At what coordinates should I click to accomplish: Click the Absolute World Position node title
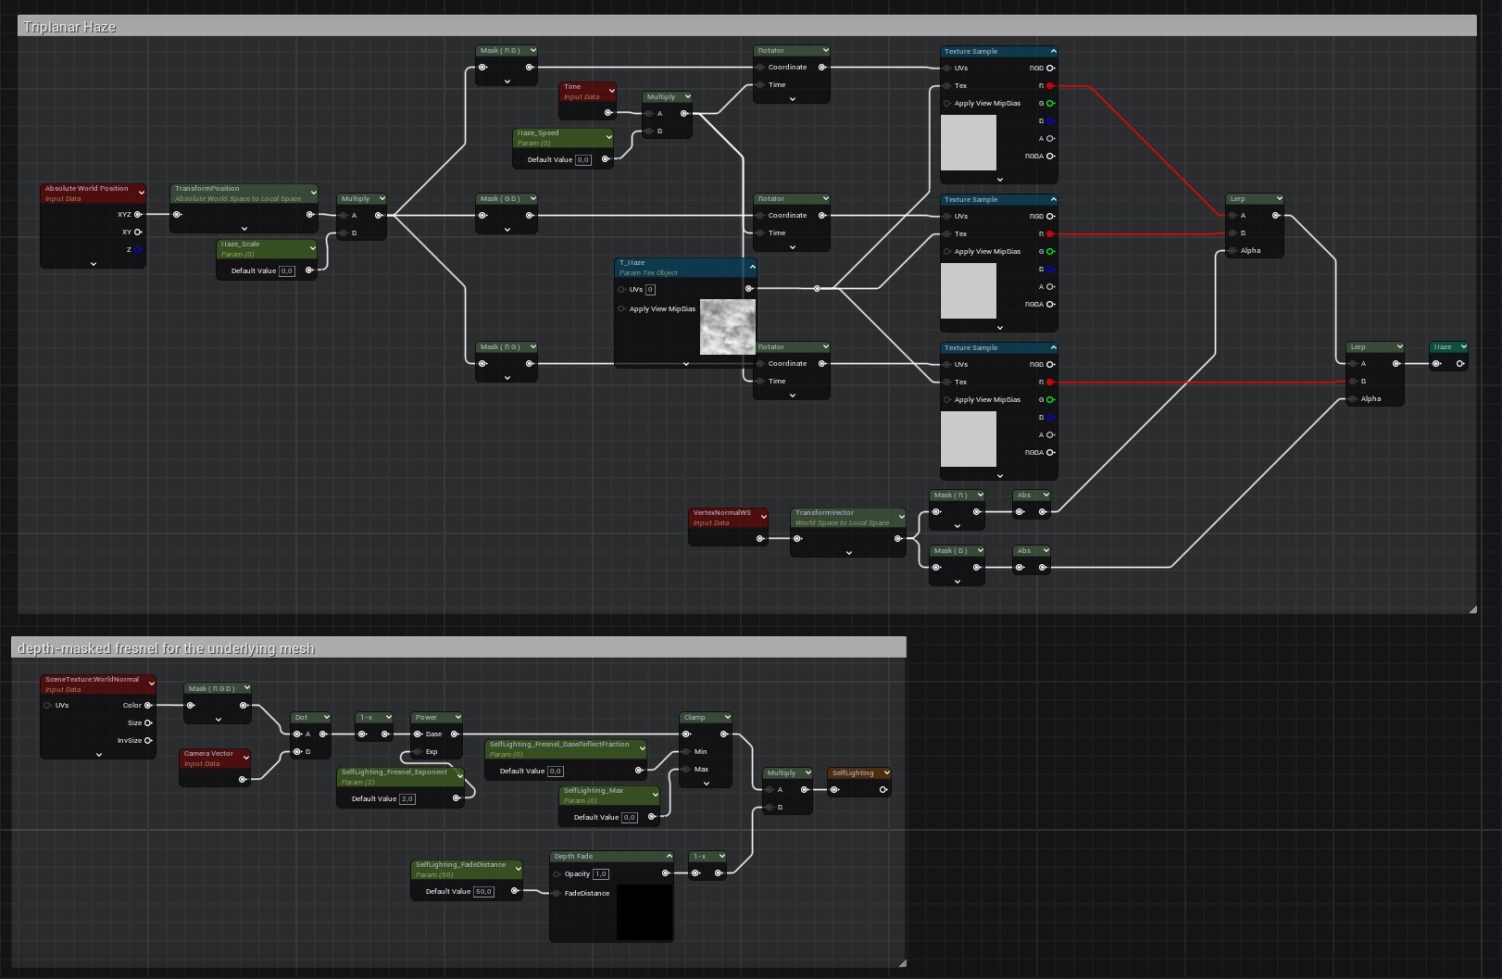coord(87,189)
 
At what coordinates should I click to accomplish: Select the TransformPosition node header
coord(207,189)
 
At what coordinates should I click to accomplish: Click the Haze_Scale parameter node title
coord(241,245)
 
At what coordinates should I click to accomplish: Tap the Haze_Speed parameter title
coord(539,133)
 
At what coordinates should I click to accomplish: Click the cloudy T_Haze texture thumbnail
coord(727,327)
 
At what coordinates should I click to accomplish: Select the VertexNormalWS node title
coord(722,513)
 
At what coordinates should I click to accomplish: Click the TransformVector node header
coord(825,513)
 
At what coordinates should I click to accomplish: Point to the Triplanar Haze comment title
coord(69,27)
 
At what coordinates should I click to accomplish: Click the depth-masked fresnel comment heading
coord(166,648)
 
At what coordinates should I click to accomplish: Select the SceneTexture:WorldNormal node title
coord(92,680)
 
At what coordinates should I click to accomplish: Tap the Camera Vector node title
coord(208,754)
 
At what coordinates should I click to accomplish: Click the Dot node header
coord(302,718)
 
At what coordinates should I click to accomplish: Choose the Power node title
coord(426,718)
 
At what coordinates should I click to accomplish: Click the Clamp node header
coord(695,718)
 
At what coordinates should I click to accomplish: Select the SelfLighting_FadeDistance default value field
coord(483,892)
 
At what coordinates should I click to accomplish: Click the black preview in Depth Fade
coord(645,911)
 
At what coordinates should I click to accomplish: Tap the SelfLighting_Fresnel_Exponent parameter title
coord(394,772)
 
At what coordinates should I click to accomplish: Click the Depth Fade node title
coord(574,857)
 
